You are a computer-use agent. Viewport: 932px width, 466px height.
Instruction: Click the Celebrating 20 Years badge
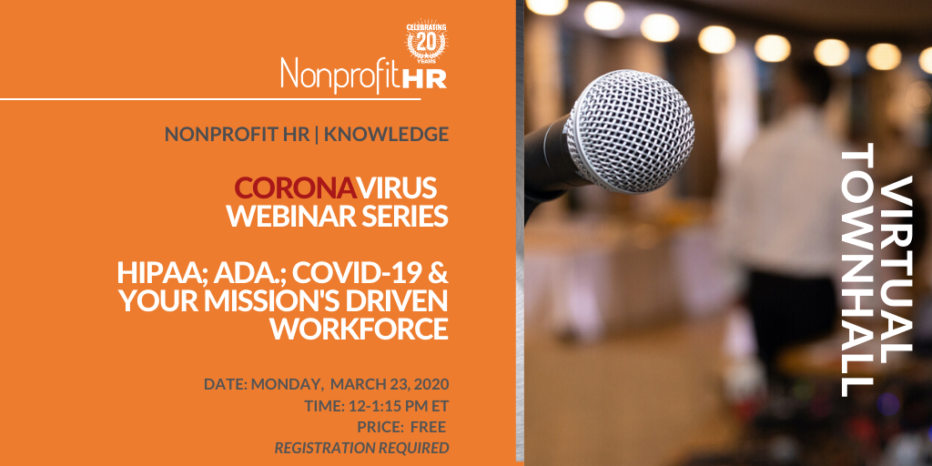427,43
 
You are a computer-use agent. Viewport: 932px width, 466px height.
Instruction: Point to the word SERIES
405,217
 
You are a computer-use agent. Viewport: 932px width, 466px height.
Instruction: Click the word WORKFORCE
360,329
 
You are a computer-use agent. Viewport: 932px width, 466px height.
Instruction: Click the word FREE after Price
428,428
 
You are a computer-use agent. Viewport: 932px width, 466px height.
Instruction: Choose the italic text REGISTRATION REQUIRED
361,448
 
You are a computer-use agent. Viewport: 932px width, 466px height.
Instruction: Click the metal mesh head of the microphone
629,130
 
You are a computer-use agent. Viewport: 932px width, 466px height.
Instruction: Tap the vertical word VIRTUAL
896,268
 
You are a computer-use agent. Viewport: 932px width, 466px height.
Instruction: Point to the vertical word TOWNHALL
857,269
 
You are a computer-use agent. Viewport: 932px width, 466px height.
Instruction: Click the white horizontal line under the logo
210,98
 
